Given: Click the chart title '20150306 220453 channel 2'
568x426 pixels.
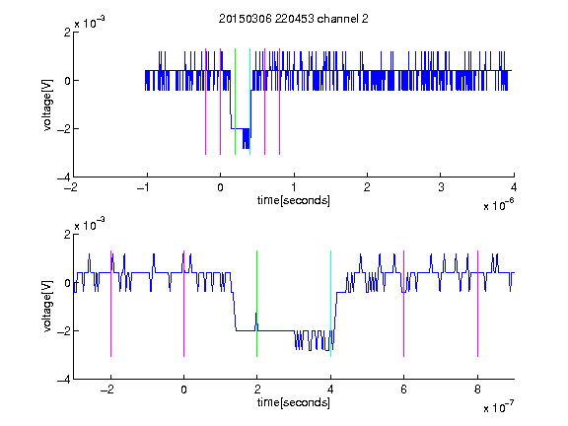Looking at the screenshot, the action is coord(294,19).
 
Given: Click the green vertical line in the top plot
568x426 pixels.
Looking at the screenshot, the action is coord(235,102).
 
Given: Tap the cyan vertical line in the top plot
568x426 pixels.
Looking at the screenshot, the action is coord(249,102).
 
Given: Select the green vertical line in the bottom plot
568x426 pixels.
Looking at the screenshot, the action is coord(256,304).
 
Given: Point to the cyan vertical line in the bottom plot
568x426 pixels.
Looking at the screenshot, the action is coord(330,304).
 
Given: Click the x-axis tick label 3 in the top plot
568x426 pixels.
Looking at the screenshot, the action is coord(441,187).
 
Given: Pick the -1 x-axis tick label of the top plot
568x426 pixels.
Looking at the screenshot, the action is coord(144,187).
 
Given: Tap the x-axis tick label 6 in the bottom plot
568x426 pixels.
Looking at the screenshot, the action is coord(404,390).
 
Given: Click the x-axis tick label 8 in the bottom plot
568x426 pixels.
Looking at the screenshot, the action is coord(477,390).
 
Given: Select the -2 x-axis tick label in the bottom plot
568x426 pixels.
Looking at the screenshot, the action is coord(107,390).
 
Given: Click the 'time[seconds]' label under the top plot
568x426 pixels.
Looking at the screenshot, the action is coord(294,200).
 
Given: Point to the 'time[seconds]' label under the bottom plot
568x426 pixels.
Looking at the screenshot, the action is coord(294,402).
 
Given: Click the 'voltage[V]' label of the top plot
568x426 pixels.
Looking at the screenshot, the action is coord(47,105).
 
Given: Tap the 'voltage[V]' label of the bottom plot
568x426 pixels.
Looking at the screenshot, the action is coord(47,307).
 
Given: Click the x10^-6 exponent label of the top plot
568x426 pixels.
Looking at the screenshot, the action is coord(498,205).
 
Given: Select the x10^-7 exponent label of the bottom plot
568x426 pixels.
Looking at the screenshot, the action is coord(498,407).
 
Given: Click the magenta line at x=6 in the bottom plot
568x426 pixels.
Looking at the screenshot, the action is coord(404,304).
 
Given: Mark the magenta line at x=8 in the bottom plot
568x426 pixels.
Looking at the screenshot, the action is coord(478,304).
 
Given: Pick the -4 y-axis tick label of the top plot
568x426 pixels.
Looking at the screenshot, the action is coord(64,177).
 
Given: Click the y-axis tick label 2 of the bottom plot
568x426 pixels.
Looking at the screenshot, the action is coord(67,235).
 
